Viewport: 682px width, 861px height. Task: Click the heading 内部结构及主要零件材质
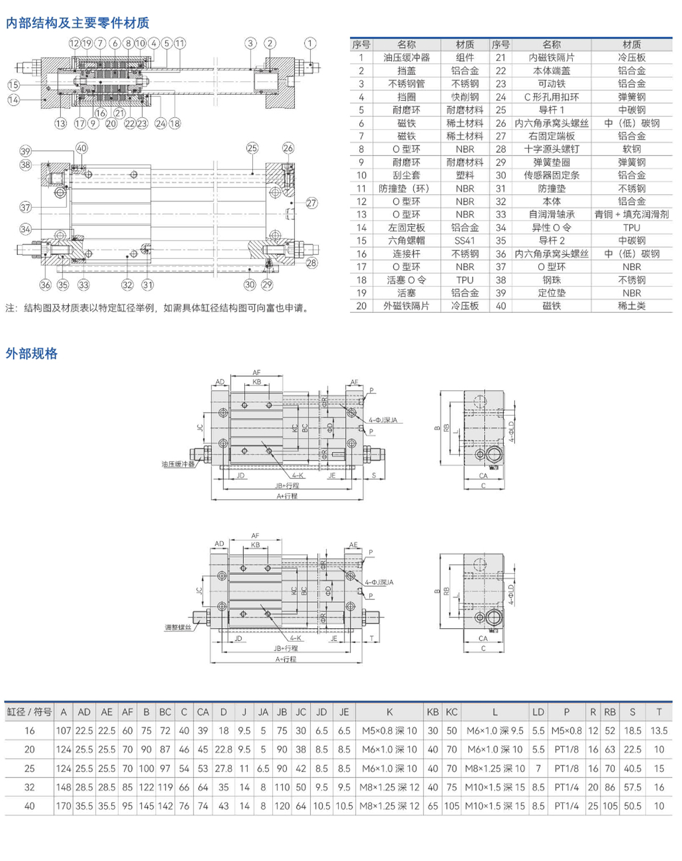[x=77, y=23]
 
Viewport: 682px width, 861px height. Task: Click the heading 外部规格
[x=32, y=354]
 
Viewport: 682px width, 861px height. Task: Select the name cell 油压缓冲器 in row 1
[x=406, y=57]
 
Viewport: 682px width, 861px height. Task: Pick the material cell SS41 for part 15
[x=464, y=240]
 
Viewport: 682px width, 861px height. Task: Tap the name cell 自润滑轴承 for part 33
[x=551, y=214]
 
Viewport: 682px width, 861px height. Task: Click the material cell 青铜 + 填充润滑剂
[x=631, y=214]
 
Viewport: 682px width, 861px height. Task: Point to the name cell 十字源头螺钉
[x=551, y=149]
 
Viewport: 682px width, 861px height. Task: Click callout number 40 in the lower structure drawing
[x=82, y=148]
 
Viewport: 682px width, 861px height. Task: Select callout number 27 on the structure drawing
[x=311, y=203]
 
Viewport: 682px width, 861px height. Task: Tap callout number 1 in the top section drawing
[x=310, y=43]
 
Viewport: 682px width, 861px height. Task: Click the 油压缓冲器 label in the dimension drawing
[x=178, y=464]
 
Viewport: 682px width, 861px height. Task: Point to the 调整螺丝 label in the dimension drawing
[x=178, y=628]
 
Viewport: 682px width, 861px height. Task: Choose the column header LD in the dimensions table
[x=538, y=712]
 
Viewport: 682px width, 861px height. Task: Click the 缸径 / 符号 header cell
[x=30, y=712]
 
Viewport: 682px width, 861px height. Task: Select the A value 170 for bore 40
[x=64, y=806]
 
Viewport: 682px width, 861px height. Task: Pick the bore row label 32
[x=30, y=787]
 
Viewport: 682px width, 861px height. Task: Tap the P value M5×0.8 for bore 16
[x=567, y=731]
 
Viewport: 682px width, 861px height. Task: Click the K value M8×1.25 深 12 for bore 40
[x=389, y=806]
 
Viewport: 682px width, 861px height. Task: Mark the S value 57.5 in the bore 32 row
[x=633, y=787]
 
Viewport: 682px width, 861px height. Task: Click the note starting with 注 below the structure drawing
[x=159, y=308]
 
